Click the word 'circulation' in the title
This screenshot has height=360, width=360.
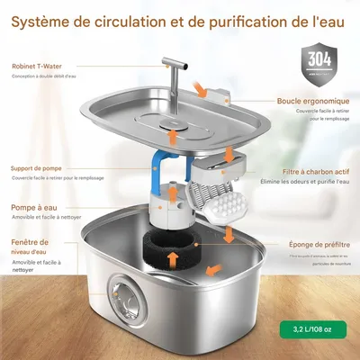coord(152,20)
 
